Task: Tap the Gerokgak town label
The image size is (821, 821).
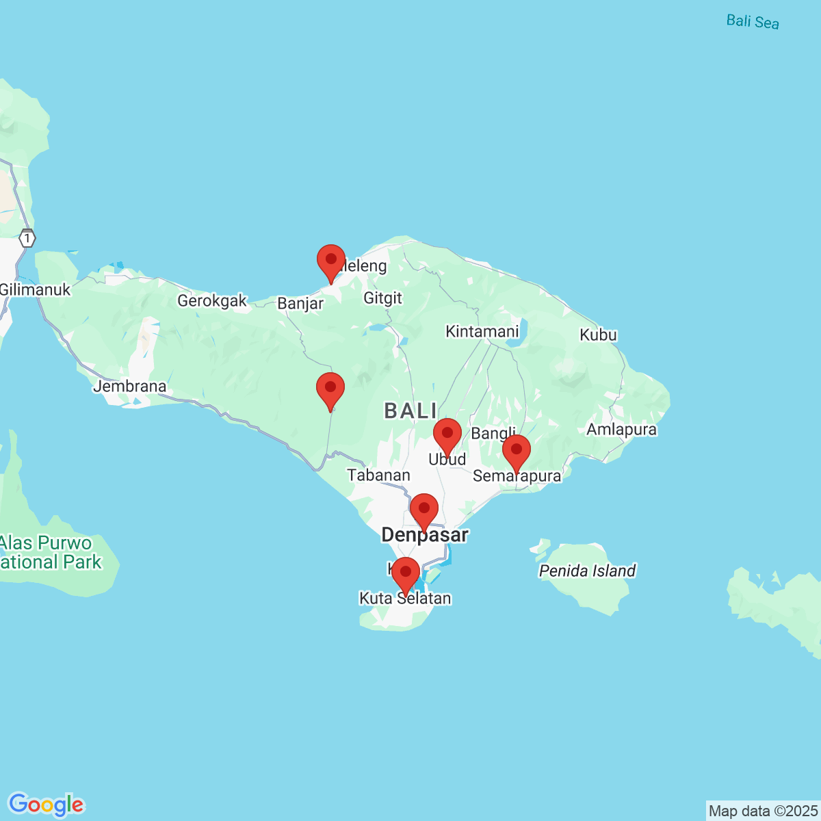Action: pos(212,300)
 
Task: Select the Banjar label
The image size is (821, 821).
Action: pos(300,303)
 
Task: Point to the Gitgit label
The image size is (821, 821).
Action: pos(383,298)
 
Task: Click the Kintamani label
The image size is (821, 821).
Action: pos(482,332)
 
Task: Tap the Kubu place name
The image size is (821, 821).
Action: pos(599,335)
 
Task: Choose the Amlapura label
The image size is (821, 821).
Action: pos(622,430)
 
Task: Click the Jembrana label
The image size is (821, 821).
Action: pos(130,387)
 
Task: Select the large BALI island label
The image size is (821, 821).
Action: pos(410,410)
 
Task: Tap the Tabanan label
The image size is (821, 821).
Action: pos(379,475)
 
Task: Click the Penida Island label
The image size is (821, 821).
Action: pos(588,571)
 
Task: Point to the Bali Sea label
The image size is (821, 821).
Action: pos(753,21)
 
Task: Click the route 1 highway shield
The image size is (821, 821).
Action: pos(27,239)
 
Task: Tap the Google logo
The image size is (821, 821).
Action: pos(46,805)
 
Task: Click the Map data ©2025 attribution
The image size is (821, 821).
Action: pos(762,811)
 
